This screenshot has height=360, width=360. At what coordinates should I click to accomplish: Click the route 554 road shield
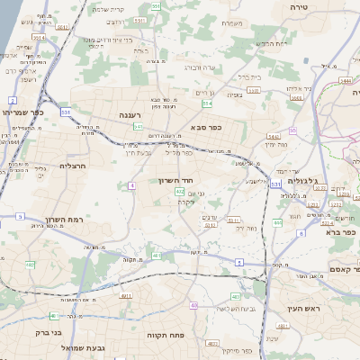[x=208, y=104]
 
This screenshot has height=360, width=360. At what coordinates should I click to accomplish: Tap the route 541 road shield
[x=138, y=127]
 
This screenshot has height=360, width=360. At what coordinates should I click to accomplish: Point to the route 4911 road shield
[x=125, y=295]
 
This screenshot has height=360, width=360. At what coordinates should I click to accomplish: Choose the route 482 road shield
[x=31, y=265]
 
